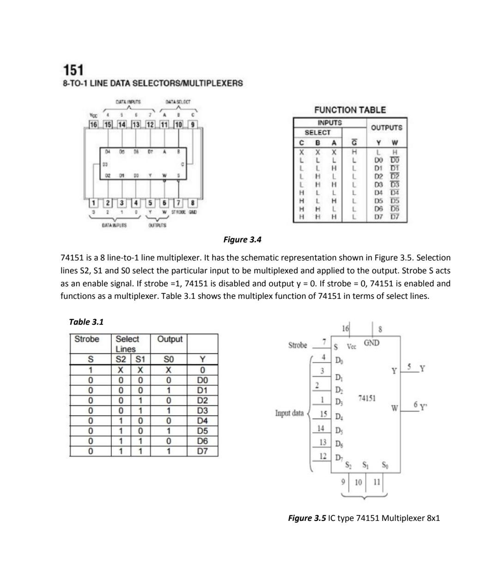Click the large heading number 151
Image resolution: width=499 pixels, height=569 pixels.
pyautogui.click(x=73, y=70)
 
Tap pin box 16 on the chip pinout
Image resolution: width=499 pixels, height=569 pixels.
pyautogui.click(x=94, y=124)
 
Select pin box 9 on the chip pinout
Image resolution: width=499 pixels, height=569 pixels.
pyautogui.click(x=193, y=124)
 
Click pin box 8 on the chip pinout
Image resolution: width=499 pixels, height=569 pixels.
pyautogui.click(x=193, y=203)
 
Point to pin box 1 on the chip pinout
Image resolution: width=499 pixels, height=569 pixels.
pyautogui.click(x=94, y=203)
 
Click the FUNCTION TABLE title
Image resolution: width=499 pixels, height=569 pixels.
pyautogui.click(x=350, y=110)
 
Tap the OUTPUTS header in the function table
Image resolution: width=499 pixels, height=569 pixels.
pyautogui.click(x=386, y=127)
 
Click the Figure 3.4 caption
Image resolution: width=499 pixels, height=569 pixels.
pyautogui.click(x=243, y=239)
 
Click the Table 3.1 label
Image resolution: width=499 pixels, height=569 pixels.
pyautogui.click(x=86, y=322)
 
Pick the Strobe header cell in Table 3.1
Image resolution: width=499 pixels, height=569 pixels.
pyautogui.click(x=87, y=339)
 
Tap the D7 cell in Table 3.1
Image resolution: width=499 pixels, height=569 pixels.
pyautogui.click(x=202, y=451)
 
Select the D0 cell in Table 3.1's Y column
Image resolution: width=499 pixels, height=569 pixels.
pyautogui.click(x=202, y=380)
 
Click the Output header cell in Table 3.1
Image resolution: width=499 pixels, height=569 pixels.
pyautogui.click(x=170, y=339)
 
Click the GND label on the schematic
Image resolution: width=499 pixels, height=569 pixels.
pyautogui.click(x=371, y=343)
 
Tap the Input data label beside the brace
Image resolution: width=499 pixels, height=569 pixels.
pyautogui.click(x=290, y=413)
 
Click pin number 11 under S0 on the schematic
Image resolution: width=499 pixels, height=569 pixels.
pyautogui.click(x=376, y=482)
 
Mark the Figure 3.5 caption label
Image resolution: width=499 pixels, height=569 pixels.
pyautogui.click(x=307, y=518)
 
